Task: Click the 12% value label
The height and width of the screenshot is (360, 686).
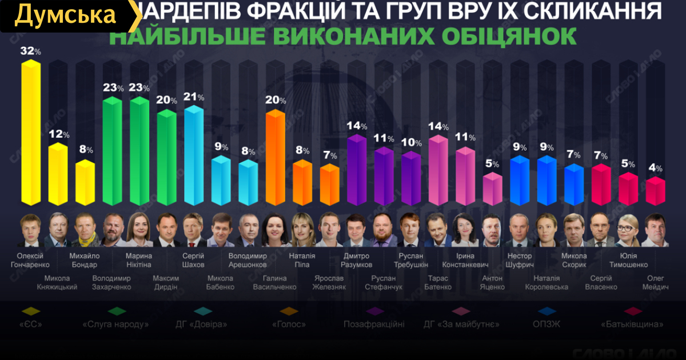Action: (58, 135)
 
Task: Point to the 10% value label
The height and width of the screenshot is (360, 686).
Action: (412, 143)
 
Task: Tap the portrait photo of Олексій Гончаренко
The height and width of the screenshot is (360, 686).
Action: (30, 231)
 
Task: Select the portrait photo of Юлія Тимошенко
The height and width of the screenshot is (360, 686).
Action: (628, 231)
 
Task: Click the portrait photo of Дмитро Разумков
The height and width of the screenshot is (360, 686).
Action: (357, 231)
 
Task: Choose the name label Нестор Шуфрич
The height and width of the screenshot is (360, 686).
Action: (520, 260)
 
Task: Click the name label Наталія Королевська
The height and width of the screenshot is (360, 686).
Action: (547, 282)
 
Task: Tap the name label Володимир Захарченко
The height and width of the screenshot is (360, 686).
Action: (111, 282)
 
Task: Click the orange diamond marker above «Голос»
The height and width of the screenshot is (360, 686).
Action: (289, 311)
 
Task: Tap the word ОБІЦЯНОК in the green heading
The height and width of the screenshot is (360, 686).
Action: (517, 35)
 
